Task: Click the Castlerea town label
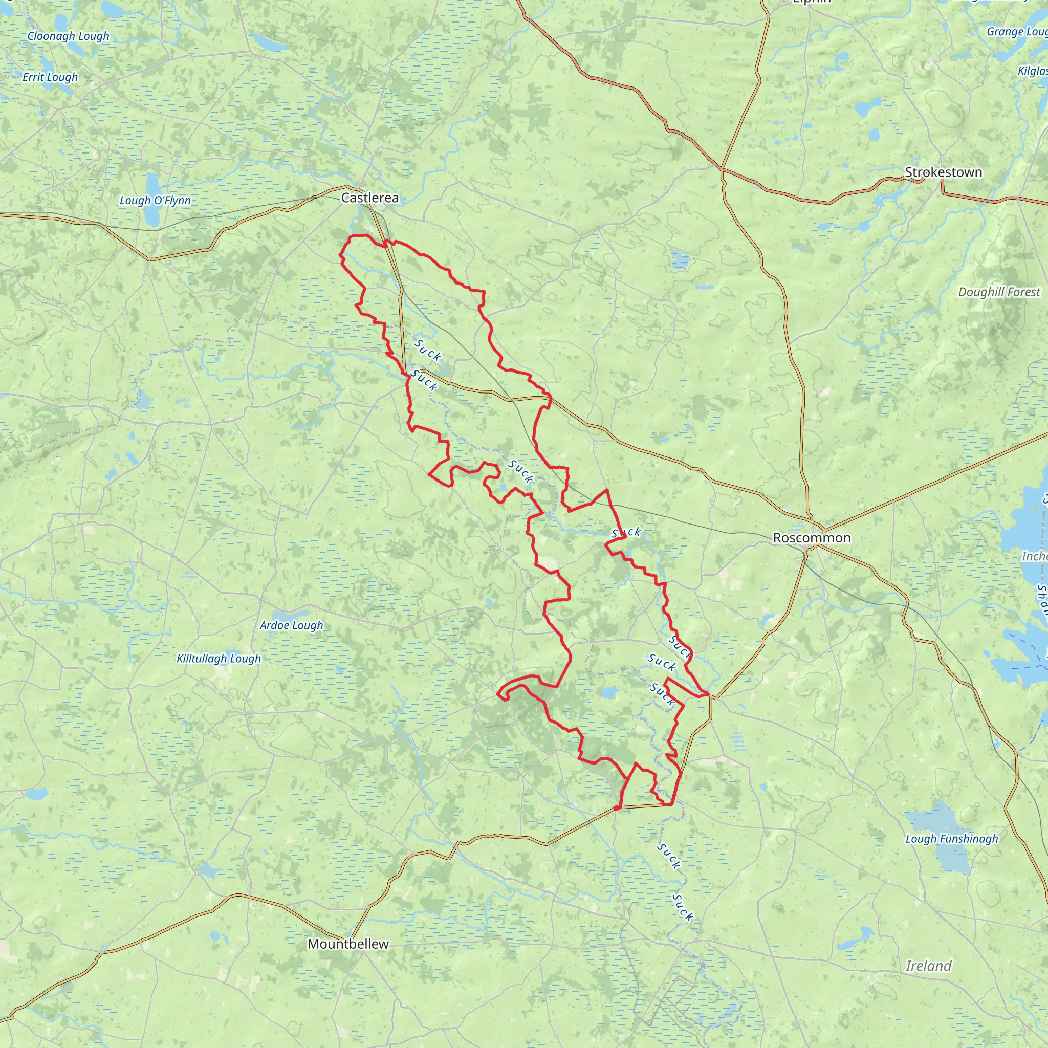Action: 369,198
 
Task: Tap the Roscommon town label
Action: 812,538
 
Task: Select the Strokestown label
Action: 943,172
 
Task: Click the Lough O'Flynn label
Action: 155,200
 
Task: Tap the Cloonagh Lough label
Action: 69,36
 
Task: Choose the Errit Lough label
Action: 51,77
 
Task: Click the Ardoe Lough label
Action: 291,625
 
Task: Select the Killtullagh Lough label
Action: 219,658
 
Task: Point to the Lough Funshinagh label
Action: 951,839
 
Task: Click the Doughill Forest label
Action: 999,292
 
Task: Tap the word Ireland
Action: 929,966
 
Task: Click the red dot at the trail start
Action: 617,807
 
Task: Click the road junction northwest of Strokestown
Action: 722,168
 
